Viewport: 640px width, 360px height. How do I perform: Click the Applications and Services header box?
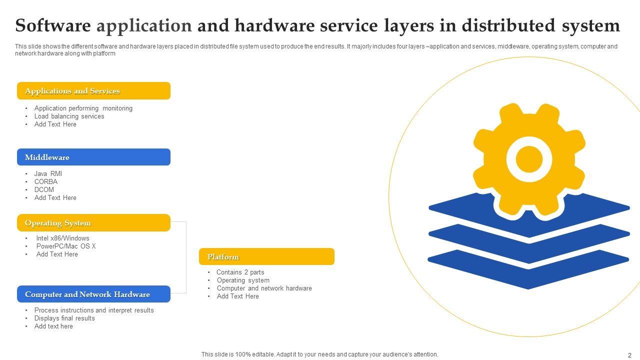pos(93,91)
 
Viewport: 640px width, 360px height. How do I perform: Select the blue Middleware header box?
pos(93,157)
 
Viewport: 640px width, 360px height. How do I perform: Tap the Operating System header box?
pos(93,223)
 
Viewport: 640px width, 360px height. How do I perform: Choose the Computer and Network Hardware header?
pos(93,294)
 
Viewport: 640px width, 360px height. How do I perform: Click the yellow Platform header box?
pos(266,256)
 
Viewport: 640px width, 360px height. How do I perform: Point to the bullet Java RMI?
pos(48,174)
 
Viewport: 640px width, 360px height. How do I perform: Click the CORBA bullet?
pos(46,182)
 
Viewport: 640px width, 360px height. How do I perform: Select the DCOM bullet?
pos(44,190)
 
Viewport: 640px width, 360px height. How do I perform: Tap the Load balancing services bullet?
pos(69,116)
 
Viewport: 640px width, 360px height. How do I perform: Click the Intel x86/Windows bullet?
pos(62,238)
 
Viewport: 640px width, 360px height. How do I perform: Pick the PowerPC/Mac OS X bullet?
pos(65,246)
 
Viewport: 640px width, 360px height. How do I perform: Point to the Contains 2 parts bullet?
pos(240,272)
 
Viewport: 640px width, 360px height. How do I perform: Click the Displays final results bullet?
pos(64,318)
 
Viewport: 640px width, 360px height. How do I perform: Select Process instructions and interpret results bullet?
pos(94,310)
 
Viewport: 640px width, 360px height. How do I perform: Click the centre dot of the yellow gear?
pos(529,160)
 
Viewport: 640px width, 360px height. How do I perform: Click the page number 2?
pos(629,355)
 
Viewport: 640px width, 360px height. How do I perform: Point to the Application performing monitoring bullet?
pos(83,108)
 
